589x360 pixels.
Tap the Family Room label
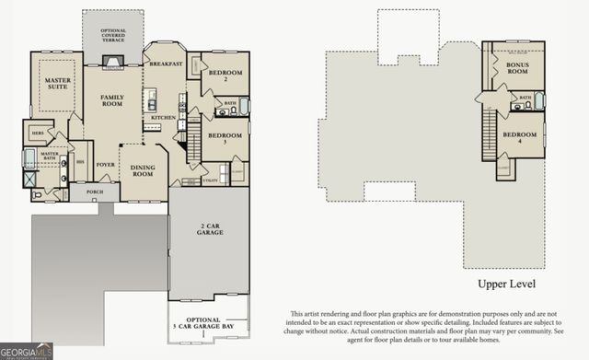click(113, 100)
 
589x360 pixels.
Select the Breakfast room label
click(167, 64)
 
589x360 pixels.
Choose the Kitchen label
click(163, 118)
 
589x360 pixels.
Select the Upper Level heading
click(505, 285)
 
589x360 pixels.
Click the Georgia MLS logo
click(27, 351)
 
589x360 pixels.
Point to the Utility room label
click(210, 181)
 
